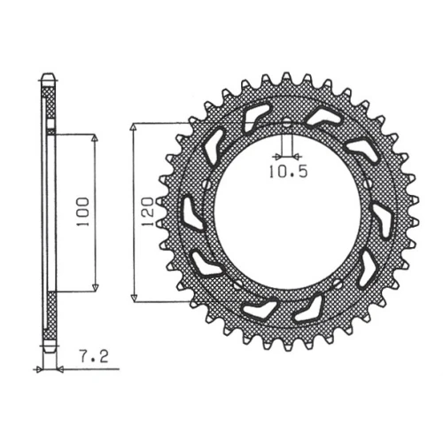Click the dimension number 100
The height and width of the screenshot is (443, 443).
click(82, 212)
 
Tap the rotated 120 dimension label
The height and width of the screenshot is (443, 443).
click(147, 212)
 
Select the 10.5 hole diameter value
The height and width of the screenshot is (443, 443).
click(288, 172)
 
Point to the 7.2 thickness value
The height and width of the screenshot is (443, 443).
click(94, 357)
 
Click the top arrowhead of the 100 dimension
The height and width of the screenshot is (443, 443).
click(95, 139)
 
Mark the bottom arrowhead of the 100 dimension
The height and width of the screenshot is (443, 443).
click(95, 286)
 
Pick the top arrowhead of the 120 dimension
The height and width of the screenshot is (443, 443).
click(134, 128)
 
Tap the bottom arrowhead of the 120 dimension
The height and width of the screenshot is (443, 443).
click(135, 297)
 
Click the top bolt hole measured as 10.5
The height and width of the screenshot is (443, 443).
click(286, 123)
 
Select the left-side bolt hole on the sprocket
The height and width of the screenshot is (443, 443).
click(208, 185)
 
